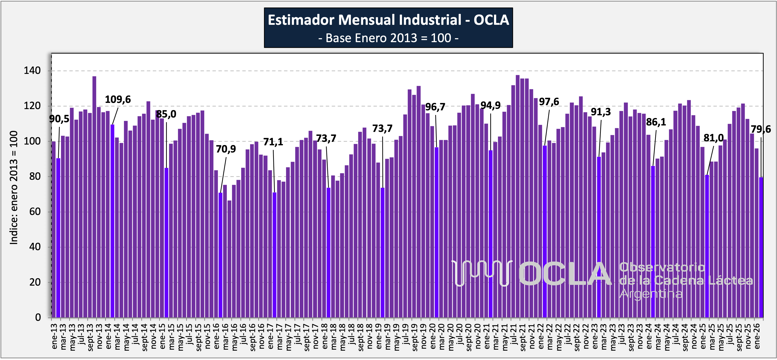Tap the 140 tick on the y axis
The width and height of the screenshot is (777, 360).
pos(32,71)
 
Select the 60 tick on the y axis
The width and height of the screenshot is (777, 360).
pos(35,211)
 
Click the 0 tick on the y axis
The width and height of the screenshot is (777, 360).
pos(38,317)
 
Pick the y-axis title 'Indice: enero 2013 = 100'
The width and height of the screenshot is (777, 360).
pos(14,187)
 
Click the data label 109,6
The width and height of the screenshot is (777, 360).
pos(118,100)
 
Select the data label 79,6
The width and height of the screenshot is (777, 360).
pos(760,129)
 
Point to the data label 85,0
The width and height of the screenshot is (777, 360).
pos(166,114)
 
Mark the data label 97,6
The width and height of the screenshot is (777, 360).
pos(549,102)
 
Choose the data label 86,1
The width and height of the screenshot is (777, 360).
pos(656,122)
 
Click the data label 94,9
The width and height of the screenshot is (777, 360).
pos(490,105)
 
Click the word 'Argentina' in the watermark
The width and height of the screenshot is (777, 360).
pos(651,294)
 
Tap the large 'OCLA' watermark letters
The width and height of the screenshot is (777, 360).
pos(565,274)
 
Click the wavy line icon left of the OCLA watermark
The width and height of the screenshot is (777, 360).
pos(481,273)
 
